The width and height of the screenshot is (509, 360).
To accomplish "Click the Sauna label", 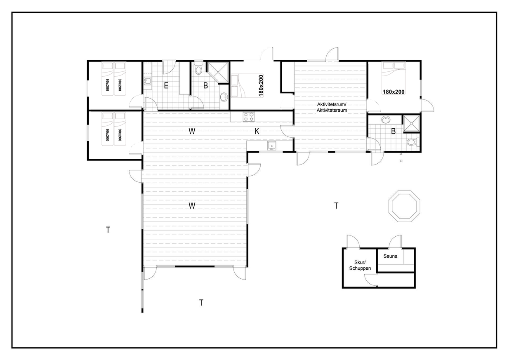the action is (390, 256).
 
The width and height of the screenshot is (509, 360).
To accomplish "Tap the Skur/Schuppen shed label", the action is (360, 265).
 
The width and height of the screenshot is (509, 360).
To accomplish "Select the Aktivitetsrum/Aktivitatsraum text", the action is (332, 108).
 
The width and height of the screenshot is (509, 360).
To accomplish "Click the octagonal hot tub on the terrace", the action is (404, 206).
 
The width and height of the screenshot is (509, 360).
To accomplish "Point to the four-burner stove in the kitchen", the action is (248, 117).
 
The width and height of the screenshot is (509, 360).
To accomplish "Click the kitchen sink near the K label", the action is (272, 146).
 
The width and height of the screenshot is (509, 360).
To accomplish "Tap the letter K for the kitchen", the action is (257, 131).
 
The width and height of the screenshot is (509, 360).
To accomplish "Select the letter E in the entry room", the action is (166, 86).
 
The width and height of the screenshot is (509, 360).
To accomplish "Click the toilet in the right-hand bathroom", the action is (413, 142).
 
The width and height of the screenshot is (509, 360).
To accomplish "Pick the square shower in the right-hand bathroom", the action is (411, 124).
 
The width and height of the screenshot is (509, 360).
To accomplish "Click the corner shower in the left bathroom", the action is (218, 72).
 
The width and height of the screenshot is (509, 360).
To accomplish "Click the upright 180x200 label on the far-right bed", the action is (394, 92).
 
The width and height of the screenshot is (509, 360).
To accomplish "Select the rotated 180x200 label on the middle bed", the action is (261, 86).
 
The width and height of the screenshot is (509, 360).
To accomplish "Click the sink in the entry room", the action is (148, 81).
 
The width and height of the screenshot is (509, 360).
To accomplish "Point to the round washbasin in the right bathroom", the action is (385, 120).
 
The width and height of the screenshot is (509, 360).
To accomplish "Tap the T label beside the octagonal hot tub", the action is (336, 206).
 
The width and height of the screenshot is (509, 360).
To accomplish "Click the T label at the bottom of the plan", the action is (201, 303).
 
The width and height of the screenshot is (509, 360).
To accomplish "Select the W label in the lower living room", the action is (192, 206).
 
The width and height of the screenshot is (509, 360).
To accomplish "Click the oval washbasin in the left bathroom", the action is (224, 97).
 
